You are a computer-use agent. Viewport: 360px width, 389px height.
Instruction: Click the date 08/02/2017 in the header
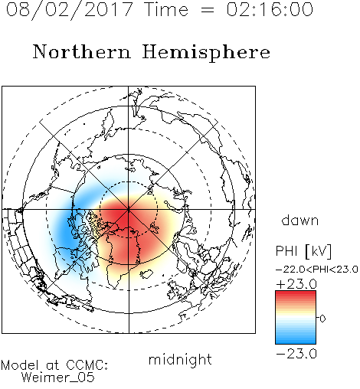70,10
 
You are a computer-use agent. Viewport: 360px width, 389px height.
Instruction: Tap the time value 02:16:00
270,9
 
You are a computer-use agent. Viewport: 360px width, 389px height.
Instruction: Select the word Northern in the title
82,51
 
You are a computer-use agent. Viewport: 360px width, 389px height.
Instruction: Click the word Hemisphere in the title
206,53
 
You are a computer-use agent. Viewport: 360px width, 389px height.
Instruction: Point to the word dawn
300,220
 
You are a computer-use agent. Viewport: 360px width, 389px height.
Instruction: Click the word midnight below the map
180,360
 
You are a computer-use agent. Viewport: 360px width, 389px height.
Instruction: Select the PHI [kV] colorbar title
303,251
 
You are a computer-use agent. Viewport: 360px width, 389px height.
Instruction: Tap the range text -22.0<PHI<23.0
316,270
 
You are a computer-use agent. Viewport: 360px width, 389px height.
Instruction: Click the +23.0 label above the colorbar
296,284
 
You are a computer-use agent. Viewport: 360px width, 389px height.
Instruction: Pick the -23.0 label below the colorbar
296,354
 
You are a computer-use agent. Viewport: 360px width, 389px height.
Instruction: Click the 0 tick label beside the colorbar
322,319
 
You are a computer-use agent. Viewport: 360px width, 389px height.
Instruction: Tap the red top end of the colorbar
296,293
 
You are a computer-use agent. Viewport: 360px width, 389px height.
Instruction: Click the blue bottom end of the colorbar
296,342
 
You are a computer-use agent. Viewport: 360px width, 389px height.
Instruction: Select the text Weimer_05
58,378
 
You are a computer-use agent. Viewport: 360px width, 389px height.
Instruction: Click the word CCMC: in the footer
87,365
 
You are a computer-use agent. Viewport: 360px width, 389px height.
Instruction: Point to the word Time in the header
166,9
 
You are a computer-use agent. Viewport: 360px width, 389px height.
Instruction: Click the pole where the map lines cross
129,209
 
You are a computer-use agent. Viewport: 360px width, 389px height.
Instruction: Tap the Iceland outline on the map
146,274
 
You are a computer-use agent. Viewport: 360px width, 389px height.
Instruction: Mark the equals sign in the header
207,10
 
